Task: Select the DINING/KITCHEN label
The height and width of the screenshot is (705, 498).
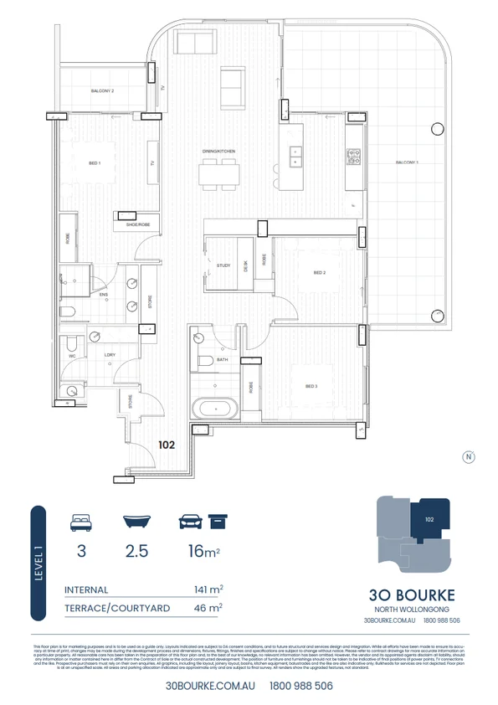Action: (x=218, y=151)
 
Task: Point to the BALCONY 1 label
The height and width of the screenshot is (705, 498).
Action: (x=408, y=162)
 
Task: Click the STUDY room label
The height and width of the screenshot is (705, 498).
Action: (x=223, y=265)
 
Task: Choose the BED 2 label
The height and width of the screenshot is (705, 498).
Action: (x=320, y=272)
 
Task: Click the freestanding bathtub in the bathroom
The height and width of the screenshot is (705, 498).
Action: (x=216, y=409)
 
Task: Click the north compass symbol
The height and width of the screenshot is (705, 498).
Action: (x=469, y=456)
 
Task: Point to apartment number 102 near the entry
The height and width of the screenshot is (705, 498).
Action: (x=167, y=446)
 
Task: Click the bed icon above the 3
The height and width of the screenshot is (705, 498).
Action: (x=81, y=523)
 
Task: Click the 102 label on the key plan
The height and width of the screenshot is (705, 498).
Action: (x=429, y=519)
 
